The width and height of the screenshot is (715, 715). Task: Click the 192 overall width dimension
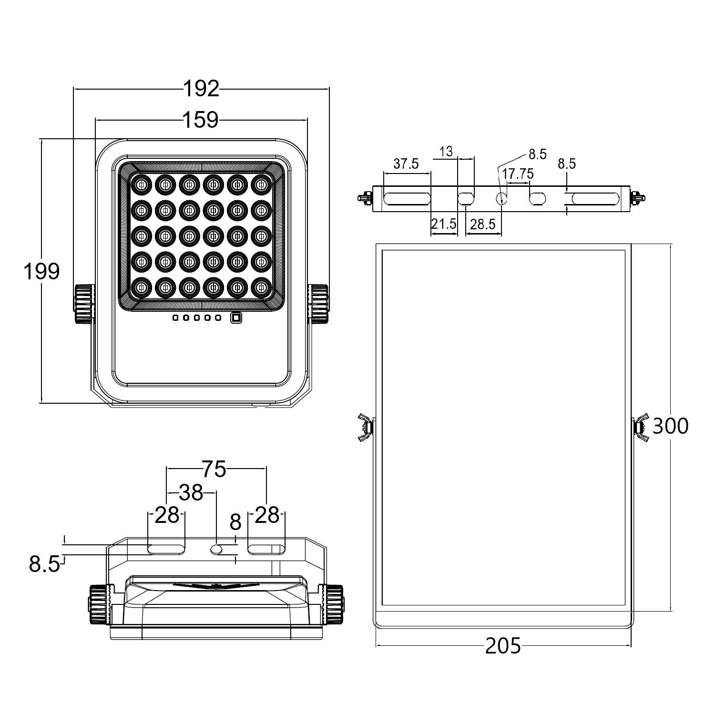pos(201,89)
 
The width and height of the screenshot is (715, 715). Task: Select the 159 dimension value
pos(201,120)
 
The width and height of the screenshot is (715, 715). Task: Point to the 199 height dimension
pos(41,271)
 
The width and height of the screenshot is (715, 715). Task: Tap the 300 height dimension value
pos(670,426)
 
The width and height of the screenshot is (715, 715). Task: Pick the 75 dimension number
pos(214,469)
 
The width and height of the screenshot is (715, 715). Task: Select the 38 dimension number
pos(191,493)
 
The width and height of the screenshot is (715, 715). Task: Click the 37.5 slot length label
pos(406,163)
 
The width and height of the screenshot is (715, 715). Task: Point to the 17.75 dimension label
pos(517,174)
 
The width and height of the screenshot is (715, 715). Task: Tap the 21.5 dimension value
pos(443,224)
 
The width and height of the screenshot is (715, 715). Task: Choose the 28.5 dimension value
pos(482,224)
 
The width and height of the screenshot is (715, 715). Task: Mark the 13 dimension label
pos(446,152)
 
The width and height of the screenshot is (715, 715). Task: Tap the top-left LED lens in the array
pos(142,184)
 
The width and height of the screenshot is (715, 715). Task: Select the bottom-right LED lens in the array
pos(260,287)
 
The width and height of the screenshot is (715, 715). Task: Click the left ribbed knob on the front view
pos(83,304)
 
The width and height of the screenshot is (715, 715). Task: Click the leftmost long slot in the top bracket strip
pos(407,198)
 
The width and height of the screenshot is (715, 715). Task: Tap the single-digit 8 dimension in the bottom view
pos(235,523)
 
